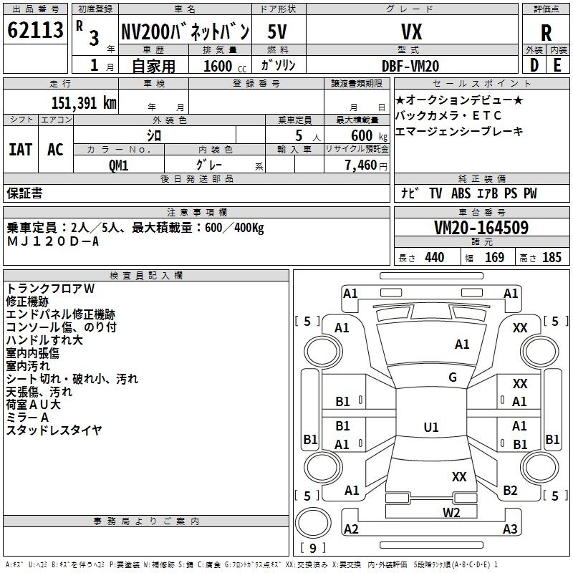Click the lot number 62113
(35, 32)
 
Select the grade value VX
(410, 32)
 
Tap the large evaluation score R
(546, 33)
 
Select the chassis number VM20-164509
(481, 228)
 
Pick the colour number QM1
(118, 165)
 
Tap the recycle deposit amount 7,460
(365, 165)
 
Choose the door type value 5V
(279, 32)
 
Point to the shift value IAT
(20, 150)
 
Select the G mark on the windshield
(453, 377)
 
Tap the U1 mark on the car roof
(430, 428)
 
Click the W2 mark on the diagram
(451, 511)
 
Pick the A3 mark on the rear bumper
(510, 529)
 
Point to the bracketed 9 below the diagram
(313, 549)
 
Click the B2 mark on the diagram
(510, 491)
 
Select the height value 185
(552, 258)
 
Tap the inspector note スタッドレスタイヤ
(54, 430)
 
